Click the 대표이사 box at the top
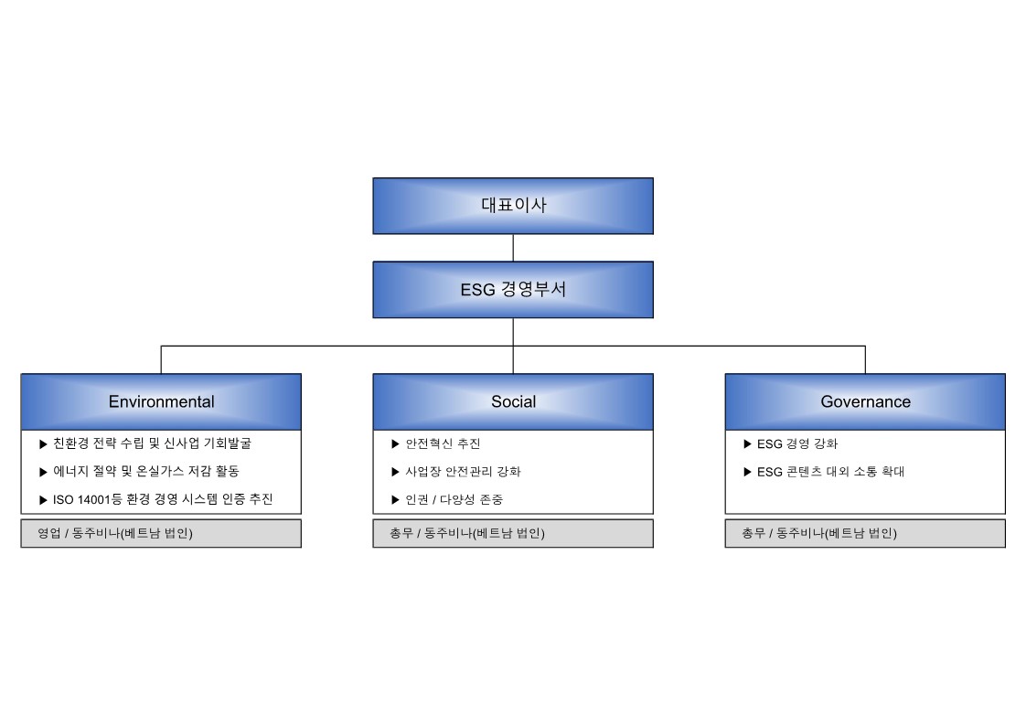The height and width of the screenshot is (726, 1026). (x=513, y=206)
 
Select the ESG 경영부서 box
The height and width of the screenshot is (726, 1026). (x=513, y=290)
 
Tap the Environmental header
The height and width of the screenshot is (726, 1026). (x=161, y=401)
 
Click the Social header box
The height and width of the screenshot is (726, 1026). (x=513, y=401)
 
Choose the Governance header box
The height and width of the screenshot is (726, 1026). (x=865, y=401)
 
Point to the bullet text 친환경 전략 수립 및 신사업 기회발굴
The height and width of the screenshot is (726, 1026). (x=152, y=443)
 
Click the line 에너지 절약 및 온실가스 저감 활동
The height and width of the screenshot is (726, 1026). (x=146, y=471)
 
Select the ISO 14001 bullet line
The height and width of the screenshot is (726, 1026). (x=163, y=499)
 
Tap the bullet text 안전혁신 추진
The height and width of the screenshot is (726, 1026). (x=443, y=443)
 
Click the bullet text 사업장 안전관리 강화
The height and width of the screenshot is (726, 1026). (x=464, y=471)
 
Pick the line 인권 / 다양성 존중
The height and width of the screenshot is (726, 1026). (x=454, y=499)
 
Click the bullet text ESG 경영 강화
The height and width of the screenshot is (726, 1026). (x=797, y=443)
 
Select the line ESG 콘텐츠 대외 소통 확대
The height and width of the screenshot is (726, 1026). (x=830, y=471)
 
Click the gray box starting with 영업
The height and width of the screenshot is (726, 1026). (x=161, y=533)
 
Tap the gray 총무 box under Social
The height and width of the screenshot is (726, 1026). (x=513, y=533)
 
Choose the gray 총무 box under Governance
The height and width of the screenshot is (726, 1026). (x=865, y=533)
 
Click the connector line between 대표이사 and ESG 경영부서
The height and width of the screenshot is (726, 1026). (x=513, y=248)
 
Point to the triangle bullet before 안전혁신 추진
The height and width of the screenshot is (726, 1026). (x=395, y=444)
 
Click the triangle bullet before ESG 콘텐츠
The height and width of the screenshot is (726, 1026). (x=747, y=472)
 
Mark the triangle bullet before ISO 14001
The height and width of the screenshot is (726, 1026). (x=43, y=500)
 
